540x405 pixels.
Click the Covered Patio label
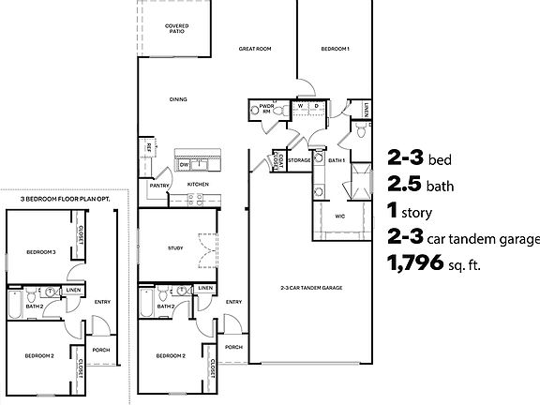[x=175, y=28]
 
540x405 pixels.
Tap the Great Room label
[x=254, y=48]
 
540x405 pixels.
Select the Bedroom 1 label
[x=335, y=48]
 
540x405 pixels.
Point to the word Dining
[x=177, y=99]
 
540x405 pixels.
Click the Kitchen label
[x=198, y=185]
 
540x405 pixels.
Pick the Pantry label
[x=158, y=186]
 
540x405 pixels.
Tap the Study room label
[x=175, y=247]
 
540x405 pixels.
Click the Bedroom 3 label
[x=40, y=252]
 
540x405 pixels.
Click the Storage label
[x=299, y=160]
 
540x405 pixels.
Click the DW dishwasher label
[x=185, y=164]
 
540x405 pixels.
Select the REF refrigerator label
[x=149, y=146]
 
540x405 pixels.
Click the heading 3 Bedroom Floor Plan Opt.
[x=60, y=200]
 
